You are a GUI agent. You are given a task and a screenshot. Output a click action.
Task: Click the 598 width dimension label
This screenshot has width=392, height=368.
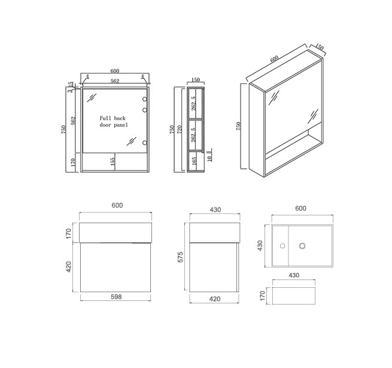click(116, 297)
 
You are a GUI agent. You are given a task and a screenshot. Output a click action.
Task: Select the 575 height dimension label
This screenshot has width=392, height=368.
click(180, 257)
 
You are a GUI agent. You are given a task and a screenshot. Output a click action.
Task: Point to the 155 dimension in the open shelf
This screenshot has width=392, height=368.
click(113, 161)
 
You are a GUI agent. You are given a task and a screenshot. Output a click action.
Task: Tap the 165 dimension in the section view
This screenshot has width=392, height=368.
click(195, 161)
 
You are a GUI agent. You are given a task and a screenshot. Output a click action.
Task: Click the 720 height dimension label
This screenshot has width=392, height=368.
click(180, 129)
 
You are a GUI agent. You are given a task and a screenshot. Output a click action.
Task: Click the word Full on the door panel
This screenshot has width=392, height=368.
click(105, 118)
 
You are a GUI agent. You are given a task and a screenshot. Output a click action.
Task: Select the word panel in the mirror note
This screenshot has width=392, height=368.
click(121, 124)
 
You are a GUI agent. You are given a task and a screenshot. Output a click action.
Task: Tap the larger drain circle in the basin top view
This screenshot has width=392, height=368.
click(302, 246)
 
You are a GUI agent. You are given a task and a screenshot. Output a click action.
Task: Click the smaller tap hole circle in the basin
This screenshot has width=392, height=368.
click(282, 246)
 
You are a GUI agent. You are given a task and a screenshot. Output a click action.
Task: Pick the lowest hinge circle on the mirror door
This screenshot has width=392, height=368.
click(145, 143)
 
